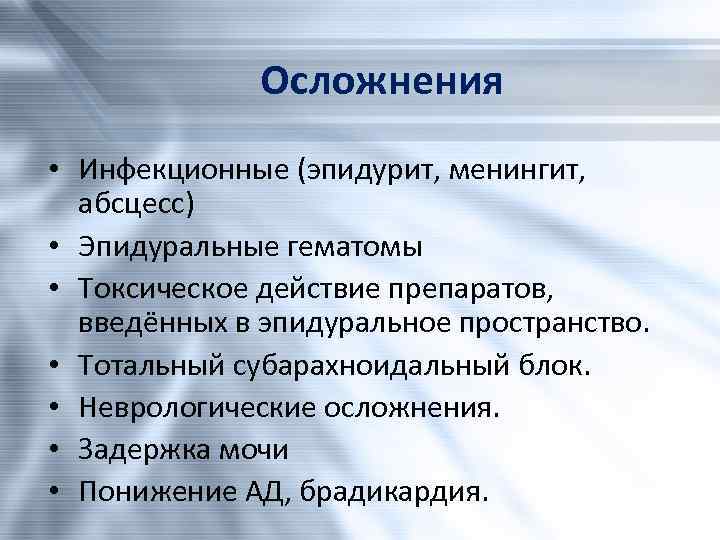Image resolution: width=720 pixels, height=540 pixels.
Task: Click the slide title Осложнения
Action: click(x=380, y=80)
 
